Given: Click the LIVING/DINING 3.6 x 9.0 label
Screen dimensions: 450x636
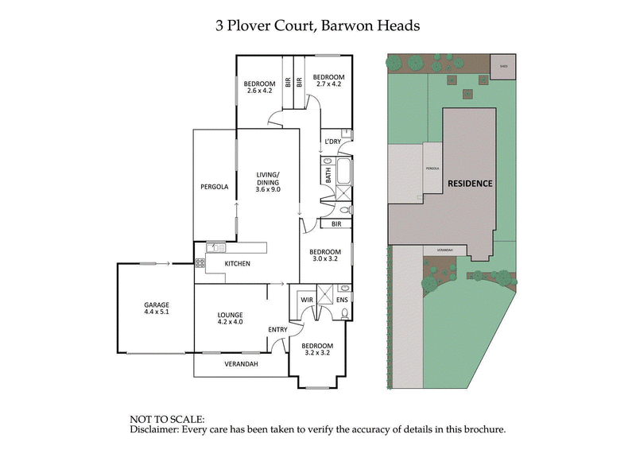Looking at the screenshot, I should (x=269, y=183).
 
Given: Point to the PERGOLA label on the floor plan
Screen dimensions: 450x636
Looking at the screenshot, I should (x=214, y=187).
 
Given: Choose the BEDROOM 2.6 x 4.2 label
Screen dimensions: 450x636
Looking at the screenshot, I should (x=259, y=87).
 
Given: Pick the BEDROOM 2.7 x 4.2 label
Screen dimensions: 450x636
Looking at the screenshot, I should (x=328, y=80).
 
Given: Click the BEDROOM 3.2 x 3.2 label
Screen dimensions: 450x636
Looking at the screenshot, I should (x=316, y=351).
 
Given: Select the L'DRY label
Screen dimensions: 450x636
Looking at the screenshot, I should (x=332, y=142).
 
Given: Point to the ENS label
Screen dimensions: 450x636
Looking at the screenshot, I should (x=342, y=300).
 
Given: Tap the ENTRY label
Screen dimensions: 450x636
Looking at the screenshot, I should (x=277, y=329).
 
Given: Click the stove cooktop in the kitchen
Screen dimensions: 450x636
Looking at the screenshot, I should (x=200, y=262).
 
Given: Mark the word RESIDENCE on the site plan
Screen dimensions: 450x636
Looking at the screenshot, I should (x=469, y=183).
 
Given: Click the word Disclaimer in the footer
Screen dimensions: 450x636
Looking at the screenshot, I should (x=155, y=429).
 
